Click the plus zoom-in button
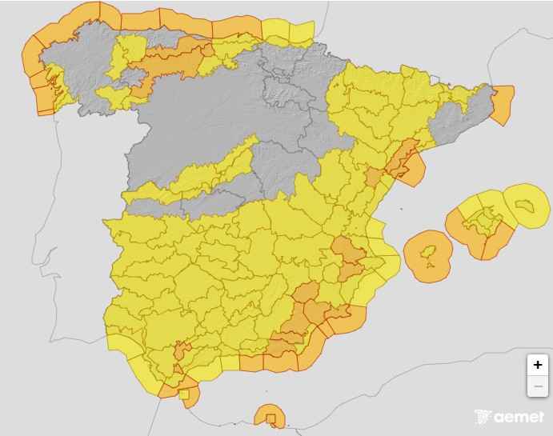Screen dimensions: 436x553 538,365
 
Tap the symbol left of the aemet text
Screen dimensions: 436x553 483,417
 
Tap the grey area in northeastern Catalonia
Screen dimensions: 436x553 464,120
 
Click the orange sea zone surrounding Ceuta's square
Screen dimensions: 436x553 191,399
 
